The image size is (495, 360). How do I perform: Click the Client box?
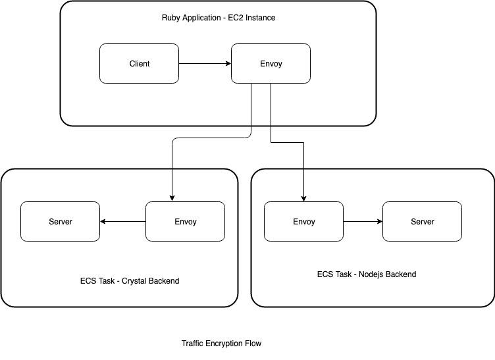pyautogui.click(x=140, y=63)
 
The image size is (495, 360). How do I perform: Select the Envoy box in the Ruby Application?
pyautogui.click(x=271, y=63)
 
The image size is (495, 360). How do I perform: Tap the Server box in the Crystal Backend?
pyautogui.click(x=61, y=222)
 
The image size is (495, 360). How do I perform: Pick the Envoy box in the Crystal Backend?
pyautogui.click(x=186, y=222)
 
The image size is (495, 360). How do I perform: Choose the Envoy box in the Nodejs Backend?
pyautogui.click(x=303, y=222)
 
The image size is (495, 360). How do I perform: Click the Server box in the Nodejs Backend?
pyautogui.click(x=423, y=222)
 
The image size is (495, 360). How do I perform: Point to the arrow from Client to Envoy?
pyautogui.click(x=205, y=63)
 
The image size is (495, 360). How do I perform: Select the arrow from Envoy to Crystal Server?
pyautogui.click(x=123, y=222)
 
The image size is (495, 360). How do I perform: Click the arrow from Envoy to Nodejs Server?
pyautogui.click(x=363, y=222)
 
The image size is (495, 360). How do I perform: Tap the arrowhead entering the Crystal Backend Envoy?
pyautogui.click(x=172, y=199)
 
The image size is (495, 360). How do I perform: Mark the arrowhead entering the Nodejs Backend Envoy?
pyautogui.click(x=303, y=199)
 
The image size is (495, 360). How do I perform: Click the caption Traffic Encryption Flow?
pyautogui.click(x=221, y=344)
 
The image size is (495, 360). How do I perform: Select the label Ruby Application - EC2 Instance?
pyautogui.click(x=219, y=18)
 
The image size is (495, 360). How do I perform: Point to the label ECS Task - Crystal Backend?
pyautogui.click(x=130, y=281)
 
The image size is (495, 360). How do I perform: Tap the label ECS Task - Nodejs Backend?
pyautogui.click(x=367, y=274)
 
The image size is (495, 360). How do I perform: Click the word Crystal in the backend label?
pyautogui.click(x=134, y=281)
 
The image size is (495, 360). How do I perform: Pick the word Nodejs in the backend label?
pyautogui.click(x=371, y=274)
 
